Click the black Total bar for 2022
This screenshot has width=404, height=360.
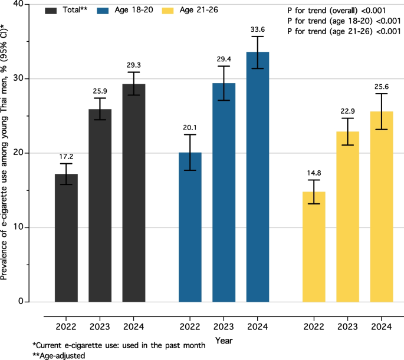click(66, 238)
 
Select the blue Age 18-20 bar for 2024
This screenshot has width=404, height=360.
click(258, 177)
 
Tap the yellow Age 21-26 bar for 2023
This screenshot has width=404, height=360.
click(347, 217)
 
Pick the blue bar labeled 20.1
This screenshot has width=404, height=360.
click(190, 227)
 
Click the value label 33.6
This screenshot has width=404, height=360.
click(258, 29)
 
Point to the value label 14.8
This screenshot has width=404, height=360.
click(314, 173)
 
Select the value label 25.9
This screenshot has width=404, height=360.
click(100, 91)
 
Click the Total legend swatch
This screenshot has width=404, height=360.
click(51, 11)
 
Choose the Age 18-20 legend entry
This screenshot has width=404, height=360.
click(125, 10)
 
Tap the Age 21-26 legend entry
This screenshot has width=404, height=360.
click(190, 10)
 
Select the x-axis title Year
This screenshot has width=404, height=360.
click(224, 341)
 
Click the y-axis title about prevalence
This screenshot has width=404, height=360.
click(4, 153)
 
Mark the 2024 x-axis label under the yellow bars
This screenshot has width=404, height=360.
click(382, 327)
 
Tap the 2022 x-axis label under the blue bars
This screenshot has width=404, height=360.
click(190, 327)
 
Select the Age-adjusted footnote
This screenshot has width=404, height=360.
click(59, 356)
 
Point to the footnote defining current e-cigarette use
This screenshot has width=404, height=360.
click(119, 345)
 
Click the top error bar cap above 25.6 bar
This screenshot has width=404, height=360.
click(382, 94)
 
